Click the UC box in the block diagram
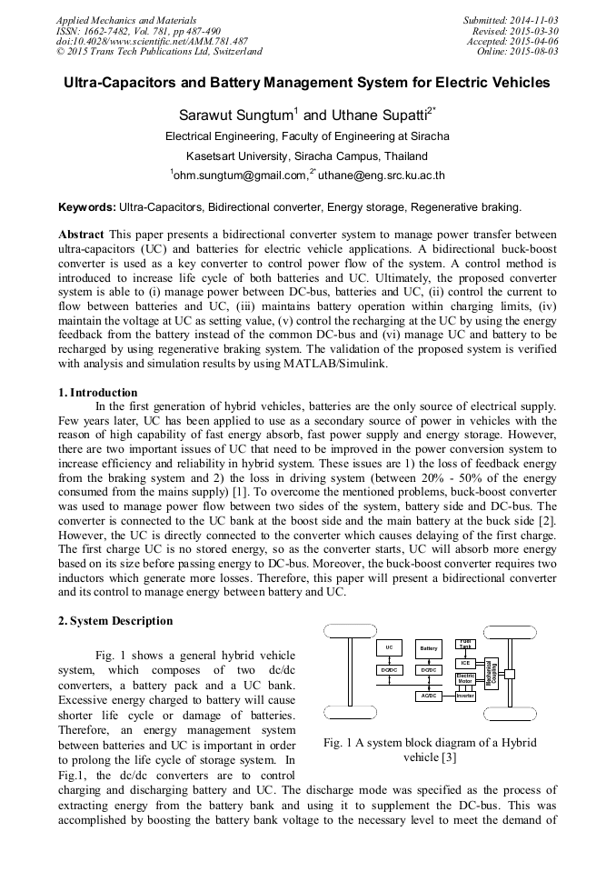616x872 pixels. pos(389,647)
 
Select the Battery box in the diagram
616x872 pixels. pos(429,648)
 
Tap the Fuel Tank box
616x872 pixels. pos(465,643)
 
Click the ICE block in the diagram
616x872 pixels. pos(465,662)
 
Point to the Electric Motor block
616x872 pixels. pos(465,678)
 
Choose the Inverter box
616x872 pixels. pos(465,696)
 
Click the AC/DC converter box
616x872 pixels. pos(429,696)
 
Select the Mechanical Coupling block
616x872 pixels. pos(492,674)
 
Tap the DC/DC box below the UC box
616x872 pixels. pos(389,670)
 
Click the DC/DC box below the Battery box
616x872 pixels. pos(429,670)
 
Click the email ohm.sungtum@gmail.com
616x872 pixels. pos(238,175)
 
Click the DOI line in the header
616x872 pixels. pos(152,41)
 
